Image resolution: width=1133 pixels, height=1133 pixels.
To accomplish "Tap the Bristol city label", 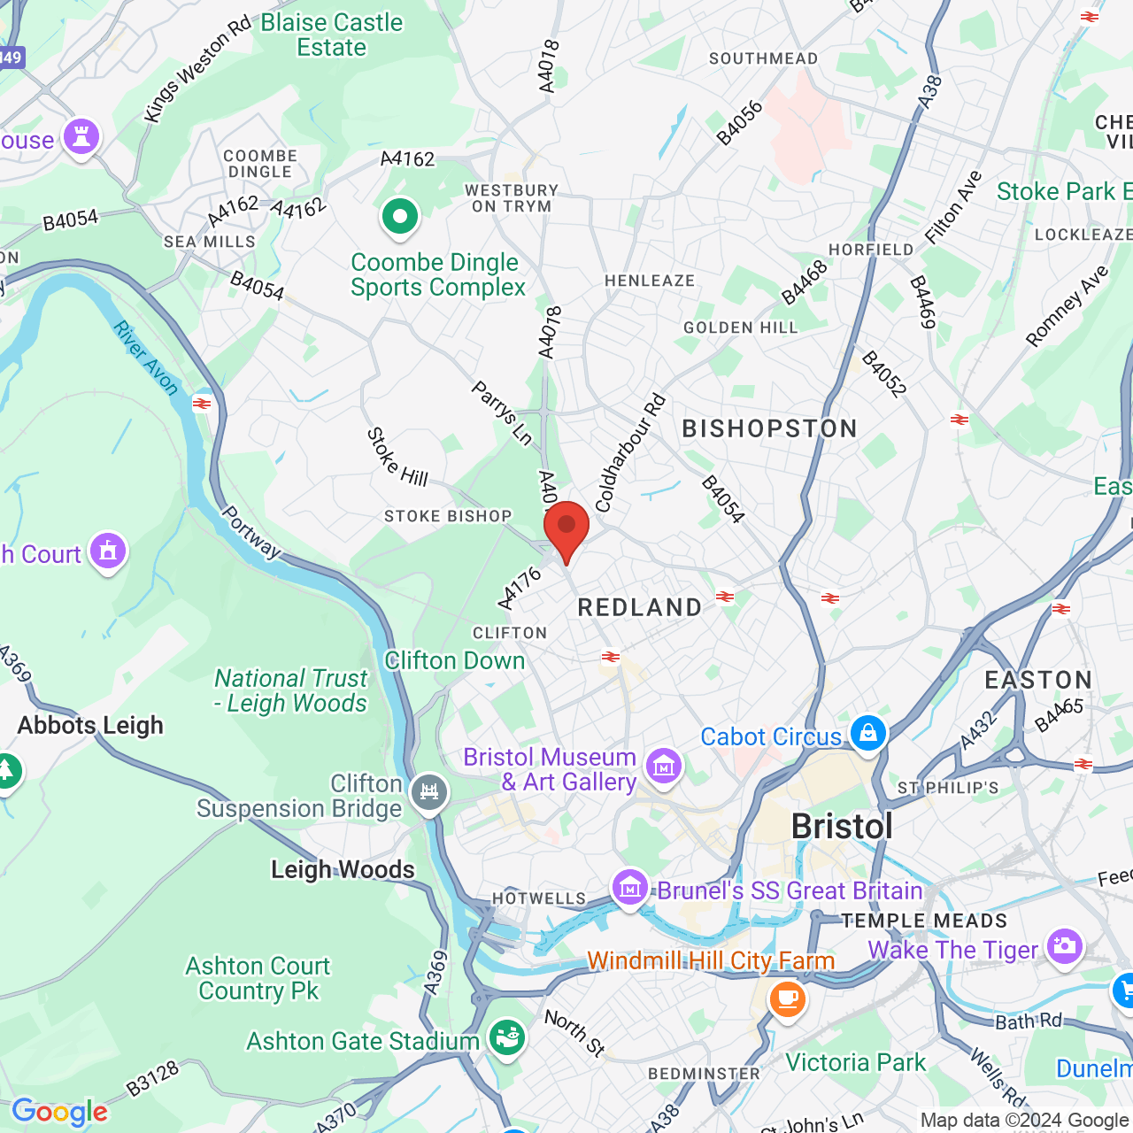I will click(842, 827).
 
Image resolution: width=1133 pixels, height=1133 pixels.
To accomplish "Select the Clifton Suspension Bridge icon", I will click(429, 792).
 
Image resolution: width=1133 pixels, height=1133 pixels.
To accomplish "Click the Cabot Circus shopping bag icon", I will click(867, 733).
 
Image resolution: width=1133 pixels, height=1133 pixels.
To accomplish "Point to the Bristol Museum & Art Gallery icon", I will click(664, 767).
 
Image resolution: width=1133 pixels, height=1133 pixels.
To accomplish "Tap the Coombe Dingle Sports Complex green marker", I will click(400, 216).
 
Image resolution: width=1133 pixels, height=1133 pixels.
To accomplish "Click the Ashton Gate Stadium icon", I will click(506, 1037).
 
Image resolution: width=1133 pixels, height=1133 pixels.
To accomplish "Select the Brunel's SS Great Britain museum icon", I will click(629, 887).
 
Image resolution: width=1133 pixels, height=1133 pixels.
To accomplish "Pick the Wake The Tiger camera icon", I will click(1063, 946).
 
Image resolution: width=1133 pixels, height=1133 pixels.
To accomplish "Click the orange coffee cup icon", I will click(786, 999).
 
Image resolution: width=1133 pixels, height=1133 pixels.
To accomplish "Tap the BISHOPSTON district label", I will click(769, 429).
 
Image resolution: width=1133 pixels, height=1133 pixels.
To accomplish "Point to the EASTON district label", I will click(1038, 680).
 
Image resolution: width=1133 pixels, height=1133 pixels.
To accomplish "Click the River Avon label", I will click(146, 358).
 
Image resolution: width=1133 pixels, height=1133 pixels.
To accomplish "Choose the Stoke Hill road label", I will click(397, 457).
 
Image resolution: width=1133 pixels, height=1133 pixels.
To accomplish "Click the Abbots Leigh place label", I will click(90, 725).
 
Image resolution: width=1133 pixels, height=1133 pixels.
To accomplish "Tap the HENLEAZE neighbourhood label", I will click(650, 281).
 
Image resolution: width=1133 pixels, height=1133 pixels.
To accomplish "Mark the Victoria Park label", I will click(855, 1062).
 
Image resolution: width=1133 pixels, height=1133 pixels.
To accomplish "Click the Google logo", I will click(59, 1112).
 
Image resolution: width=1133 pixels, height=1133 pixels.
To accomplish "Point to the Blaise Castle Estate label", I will click(332, 35).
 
